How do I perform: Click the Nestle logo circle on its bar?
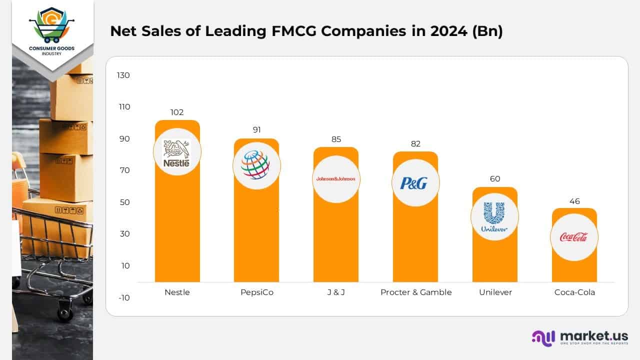pos(177,153)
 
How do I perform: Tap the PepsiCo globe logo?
pos(256,165)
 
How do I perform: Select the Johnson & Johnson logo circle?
pos(336,179)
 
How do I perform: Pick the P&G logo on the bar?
pos(415,183)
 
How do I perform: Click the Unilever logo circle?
pos(494,217)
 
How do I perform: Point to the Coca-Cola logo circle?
pos(574,237)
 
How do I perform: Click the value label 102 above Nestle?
pos(177,112)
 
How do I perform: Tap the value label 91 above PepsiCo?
pos(256,130)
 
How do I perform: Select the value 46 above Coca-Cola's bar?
pos(574,201)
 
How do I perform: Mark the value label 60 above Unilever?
pos(495,179)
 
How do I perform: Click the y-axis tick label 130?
pos(123,75)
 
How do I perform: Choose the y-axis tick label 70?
pos(123,170)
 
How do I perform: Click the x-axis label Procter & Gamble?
pos(415,292)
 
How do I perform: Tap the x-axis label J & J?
pos(336,292)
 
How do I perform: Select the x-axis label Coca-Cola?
pos(574,292)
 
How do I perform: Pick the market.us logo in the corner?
pos(579,337)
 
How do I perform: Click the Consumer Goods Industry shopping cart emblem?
pos(52,25)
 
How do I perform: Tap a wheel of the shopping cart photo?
pos(64,312)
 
